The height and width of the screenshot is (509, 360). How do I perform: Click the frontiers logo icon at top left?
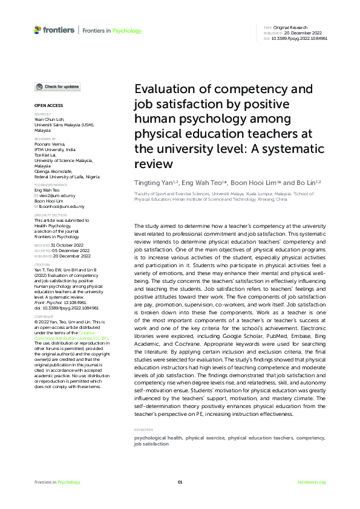click(38, 30)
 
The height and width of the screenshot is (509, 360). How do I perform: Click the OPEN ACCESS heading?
click(45, 106)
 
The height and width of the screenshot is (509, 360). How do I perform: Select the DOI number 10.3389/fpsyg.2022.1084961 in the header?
click(301, 38)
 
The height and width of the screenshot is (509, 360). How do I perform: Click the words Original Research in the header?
click(291, 28)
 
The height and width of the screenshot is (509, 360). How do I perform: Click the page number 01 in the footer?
click(180, 482)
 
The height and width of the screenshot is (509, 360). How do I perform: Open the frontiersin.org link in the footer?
click(312, 482)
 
